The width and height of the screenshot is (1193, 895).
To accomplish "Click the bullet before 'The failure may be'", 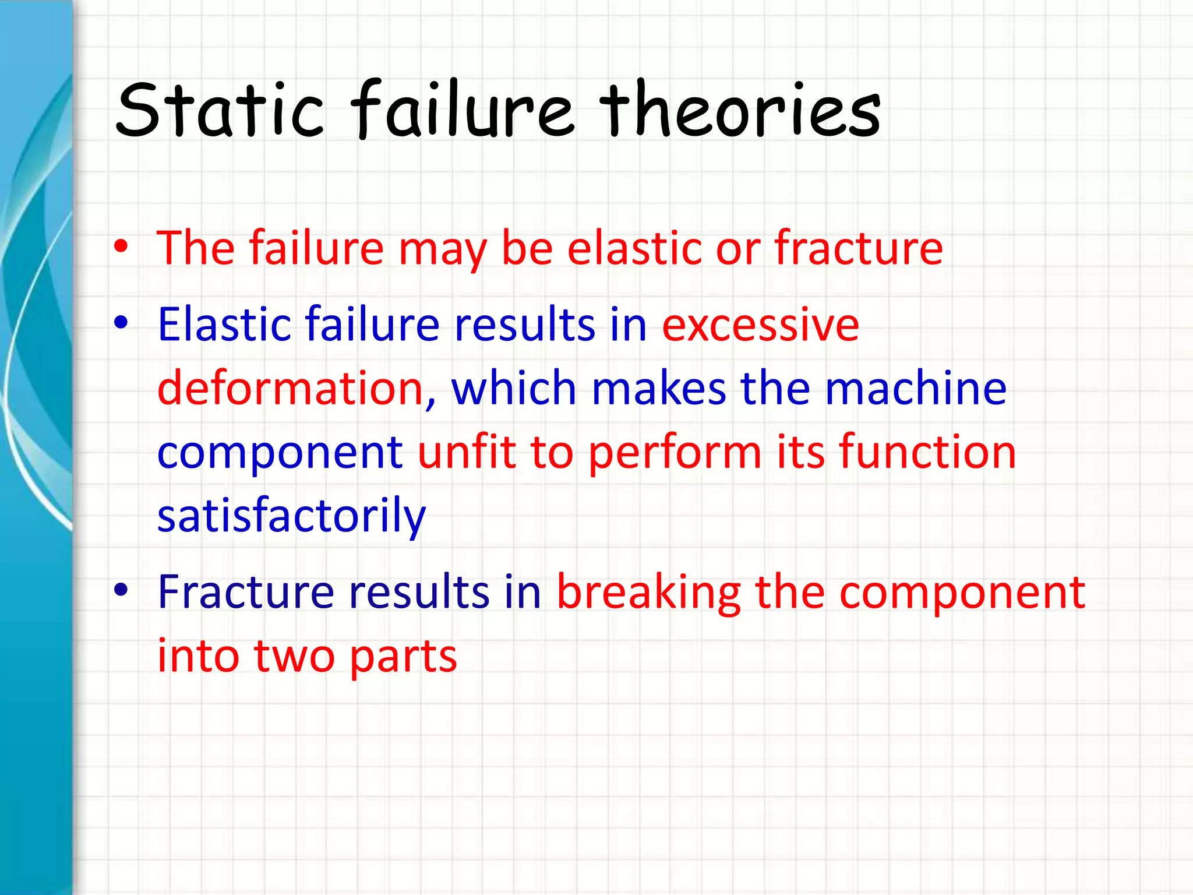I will tap(121, 247).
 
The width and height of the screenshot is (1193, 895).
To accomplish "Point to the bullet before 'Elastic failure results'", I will tap(121, 322).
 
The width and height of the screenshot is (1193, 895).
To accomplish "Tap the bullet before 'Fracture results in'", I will tap(121, 590).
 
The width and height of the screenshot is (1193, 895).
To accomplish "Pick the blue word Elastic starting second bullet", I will tap(224, 324).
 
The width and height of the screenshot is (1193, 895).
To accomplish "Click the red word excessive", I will tap(760, 325).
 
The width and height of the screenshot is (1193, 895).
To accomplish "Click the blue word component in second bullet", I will tap(280, 453).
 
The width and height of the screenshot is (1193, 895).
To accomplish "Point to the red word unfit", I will tap(467, 452).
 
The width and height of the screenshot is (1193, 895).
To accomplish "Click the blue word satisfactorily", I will tap(291, 516).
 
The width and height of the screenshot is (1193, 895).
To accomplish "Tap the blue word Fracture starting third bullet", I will tap(245, 592).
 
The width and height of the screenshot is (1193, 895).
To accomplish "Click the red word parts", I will tap(403, 657).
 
